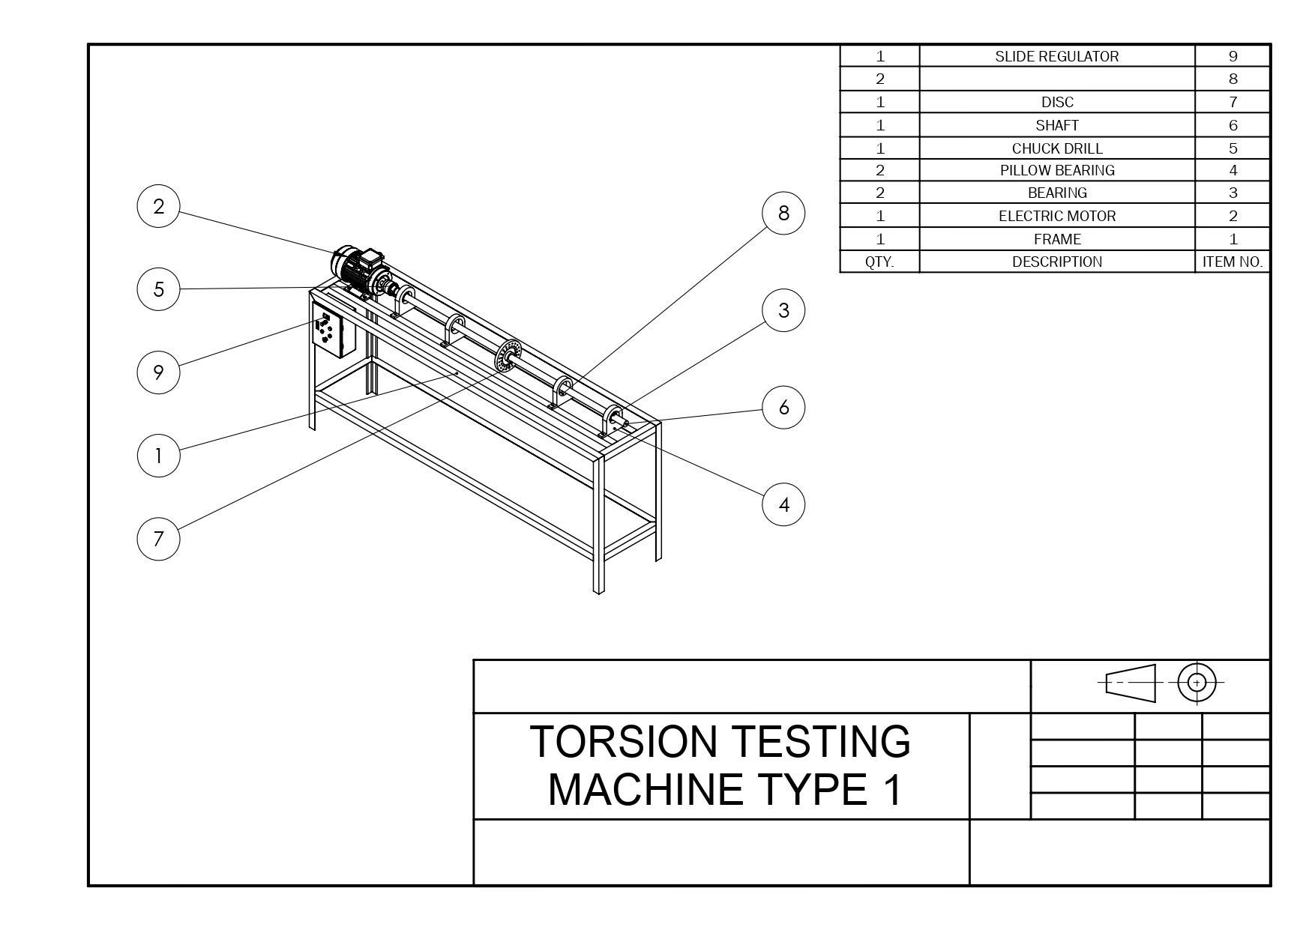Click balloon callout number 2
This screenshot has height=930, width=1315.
[x=158, y=206]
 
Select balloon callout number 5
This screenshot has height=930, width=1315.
[x=158, y=289]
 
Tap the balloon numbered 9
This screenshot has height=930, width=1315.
[x=158, y=372]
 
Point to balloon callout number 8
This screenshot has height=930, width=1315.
[x=783, y=213]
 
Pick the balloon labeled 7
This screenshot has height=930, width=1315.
[x=158, y=538]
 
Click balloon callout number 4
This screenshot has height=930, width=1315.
[x=783, y=504]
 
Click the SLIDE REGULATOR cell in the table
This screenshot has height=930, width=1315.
[x=1056, y=56]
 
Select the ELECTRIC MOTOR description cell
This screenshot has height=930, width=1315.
[x=1056, y=216]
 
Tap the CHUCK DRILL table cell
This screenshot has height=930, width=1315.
[x=1056, y=148]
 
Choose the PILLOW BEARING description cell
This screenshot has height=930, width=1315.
[x=1056, y=170]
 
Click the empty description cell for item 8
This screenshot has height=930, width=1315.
[x=1056, y=79]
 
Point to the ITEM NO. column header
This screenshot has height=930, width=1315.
[x=1232, y=262]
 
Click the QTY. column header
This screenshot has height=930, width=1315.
[x=879, y=262]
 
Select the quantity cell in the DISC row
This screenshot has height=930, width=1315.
[x=879, y=102]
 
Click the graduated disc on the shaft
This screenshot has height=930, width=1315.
[x=507, y=354]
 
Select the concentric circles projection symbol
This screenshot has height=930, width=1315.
[x=1197, y=683]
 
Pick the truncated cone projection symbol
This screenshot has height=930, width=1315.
[x=1131, y=683]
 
